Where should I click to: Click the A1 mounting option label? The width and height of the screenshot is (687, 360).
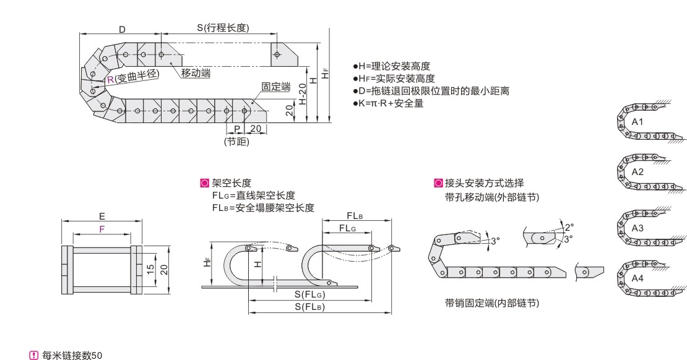pos(637,122)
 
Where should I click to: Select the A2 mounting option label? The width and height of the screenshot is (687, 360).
pos(637,171)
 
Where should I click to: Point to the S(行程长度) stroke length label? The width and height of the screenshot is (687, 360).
pos(228,28)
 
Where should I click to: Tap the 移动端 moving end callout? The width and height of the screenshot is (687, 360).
pos(196,74)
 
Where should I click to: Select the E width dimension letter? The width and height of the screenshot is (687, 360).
pos(102,216)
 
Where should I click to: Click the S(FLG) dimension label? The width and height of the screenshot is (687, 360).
pos(310,294)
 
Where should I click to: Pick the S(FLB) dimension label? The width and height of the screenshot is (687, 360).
pos(310,306)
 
